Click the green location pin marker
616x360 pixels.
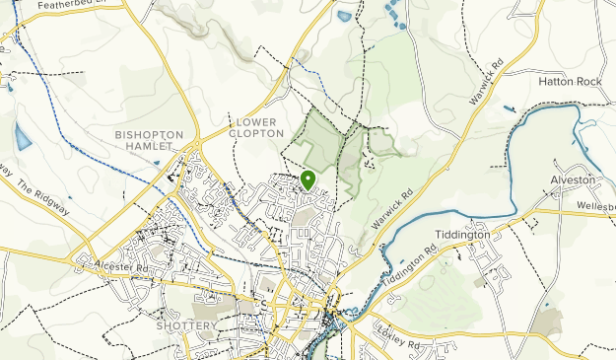click(x=308, y=180)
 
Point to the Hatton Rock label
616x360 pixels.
click(x=570, y=82)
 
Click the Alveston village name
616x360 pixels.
click(x=573, y=180)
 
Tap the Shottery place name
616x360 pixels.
click(x=185, y=325)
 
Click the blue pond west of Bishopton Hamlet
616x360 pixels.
click(x=22, y=137)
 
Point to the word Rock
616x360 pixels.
click(x=585, y=82)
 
